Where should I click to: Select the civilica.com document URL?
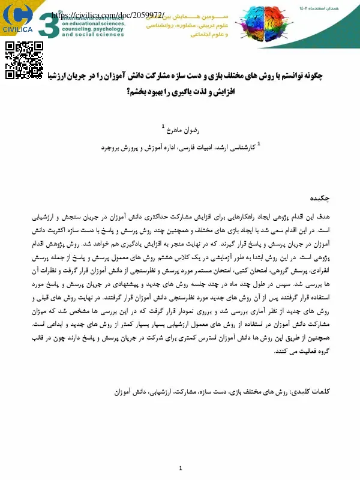[x=104, y=14]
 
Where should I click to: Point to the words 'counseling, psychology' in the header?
[x=91, y=29]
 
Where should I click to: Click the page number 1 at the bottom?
[x=180, y=468]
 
